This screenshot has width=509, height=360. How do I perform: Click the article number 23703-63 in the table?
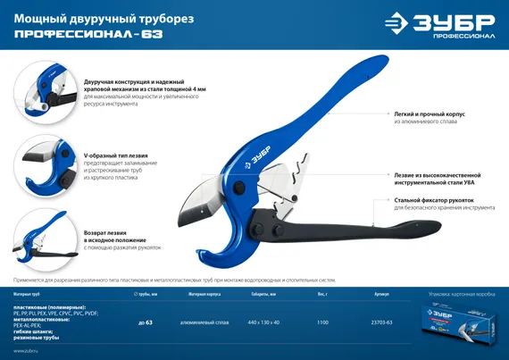(382, 322)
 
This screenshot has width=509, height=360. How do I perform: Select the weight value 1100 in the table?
(322, 322)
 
